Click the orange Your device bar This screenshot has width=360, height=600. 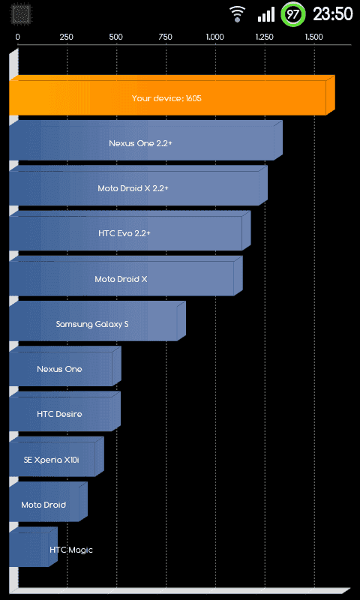click(x=172, y=95)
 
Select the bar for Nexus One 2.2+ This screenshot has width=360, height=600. click(x=145, y=140)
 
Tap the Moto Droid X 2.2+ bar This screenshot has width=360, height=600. click(x=138, y=185)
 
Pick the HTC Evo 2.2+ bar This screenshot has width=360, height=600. click(x=130, y=231)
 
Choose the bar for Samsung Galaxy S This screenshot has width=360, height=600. click(x=97, y=321)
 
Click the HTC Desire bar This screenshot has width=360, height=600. click(x=64, y=411)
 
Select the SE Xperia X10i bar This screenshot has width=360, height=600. click(x=56, y=457)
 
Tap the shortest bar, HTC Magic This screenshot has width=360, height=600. click(x=33, y=547)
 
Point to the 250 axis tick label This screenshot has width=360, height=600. click(x=67, y=37)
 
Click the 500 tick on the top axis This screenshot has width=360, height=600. click(x=116, y=37)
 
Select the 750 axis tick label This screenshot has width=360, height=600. click(x=165, y=37)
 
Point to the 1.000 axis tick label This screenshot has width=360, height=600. click(x=215, y=37)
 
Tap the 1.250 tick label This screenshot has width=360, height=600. click(x=264, y=37)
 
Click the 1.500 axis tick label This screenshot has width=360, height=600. click(x=313, y=37)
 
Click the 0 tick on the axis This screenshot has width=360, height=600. click(x=17, y=37)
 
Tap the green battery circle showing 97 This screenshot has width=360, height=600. click(x=293, y=14)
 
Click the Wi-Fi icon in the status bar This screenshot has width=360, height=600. click(x=238, y=14)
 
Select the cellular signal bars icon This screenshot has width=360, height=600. click(x=266, y=14)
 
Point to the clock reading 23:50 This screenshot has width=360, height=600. click(x=333, y=14)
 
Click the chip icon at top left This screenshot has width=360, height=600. click(x=19, y=14)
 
